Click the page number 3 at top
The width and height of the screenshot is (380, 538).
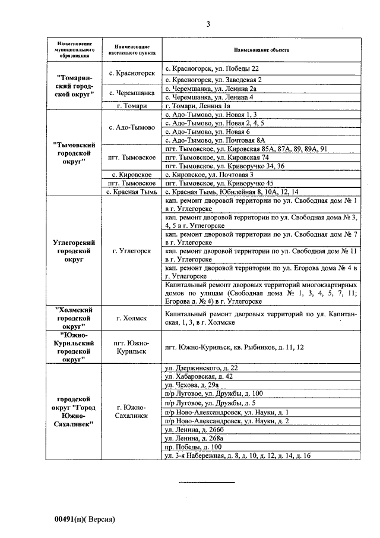[x=208, y=24]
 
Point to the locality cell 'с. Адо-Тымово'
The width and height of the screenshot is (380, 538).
[x=132, y=127]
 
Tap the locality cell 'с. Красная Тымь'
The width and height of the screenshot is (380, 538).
[x=132, y=192]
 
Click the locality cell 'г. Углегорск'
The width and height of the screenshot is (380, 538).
[x=132, y=251]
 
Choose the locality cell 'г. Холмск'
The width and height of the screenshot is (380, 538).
[x=132, y=317]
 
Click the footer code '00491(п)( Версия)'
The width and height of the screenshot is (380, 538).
[x=84, y=519]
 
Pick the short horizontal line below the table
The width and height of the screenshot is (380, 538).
[x=207, y=481]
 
